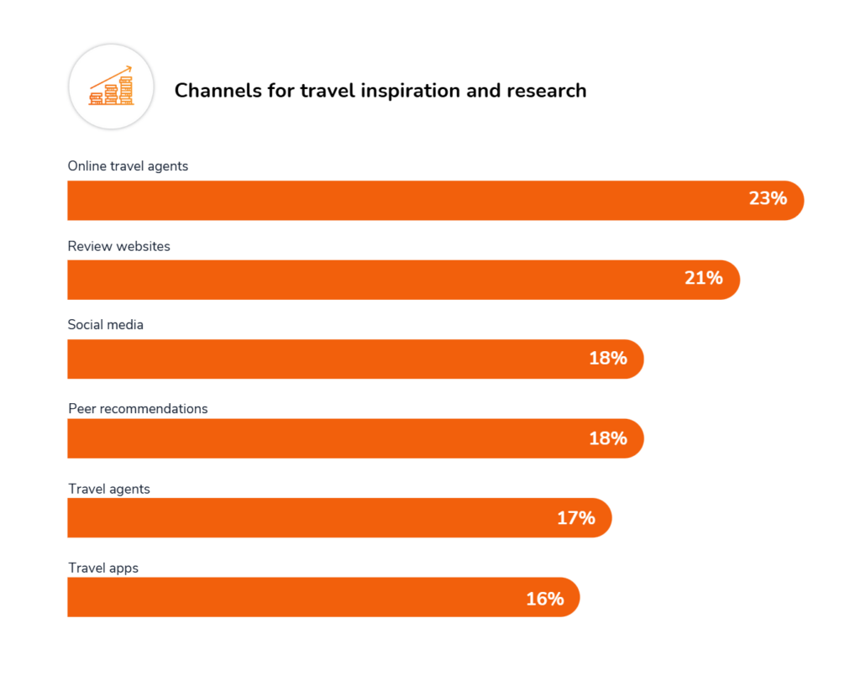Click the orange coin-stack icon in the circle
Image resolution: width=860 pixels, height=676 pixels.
click(111, 87)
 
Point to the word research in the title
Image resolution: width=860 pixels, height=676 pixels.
click(547, 91)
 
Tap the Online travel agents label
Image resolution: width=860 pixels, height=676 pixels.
click(128, 166)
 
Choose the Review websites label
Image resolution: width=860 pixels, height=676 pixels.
click(118, 246)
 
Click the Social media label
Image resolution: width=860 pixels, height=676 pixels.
click(106, 325)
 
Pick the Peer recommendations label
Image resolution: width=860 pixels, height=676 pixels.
click(138, 409)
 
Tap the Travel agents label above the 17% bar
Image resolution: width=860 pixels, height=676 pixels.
click(109, 489)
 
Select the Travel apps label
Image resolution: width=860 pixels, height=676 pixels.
click(103, 569)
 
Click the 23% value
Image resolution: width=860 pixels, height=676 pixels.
click(768, 199)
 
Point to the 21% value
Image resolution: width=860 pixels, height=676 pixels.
click(703, 278)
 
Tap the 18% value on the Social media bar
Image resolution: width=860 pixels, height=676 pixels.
click(607, 359)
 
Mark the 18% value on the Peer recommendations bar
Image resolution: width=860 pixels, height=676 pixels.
click(607, 438)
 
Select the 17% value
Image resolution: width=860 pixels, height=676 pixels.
click(575, 518)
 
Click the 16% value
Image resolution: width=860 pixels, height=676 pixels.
click(544, 598)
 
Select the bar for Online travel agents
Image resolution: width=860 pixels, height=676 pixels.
click(403, 201)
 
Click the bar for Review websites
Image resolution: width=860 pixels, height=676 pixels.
click(370, 280)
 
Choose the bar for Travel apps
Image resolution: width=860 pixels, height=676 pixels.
click(294, 597)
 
